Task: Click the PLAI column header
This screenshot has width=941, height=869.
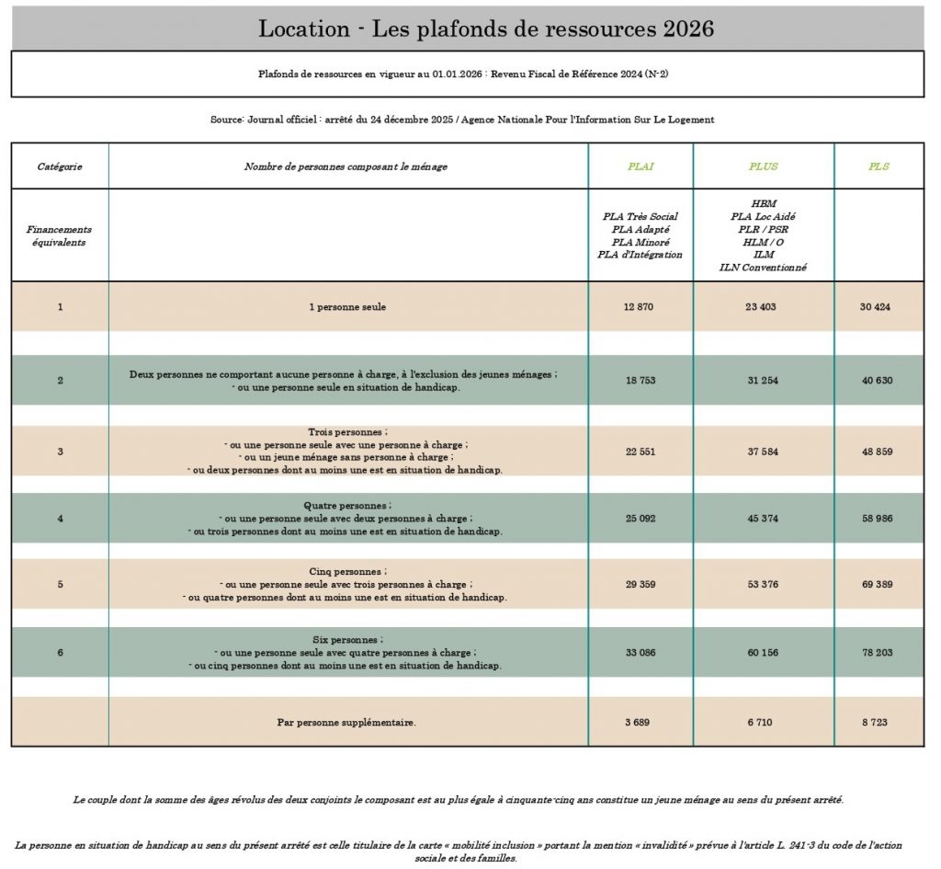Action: point(641,166)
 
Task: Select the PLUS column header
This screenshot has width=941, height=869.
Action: point(763,166)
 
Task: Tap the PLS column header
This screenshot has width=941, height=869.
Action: point(879,166)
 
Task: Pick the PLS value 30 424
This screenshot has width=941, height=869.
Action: point(876,306)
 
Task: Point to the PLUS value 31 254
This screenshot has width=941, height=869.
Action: point(763,380)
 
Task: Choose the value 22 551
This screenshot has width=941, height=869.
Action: point(641,452)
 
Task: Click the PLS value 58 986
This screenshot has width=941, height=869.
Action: point(877,519)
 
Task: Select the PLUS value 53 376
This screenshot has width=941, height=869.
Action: point(763,584)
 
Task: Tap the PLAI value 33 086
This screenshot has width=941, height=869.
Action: point(641,652)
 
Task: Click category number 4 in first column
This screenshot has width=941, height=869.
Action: point(61,519)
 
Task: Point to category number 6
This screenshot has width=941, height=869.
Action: point(61,652)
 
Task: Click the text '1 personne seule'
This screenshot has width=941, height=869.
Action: point(347,306)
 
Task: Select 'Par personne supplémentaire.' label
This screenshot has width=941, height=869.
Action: point(346,722)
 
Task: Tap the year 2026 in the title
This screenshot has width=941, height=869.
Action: point(688,29)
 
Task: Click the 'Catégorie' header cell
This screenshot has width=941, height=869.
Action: point(60,166)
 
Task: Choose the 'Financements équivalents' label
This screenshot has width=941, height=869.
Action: point(60,235)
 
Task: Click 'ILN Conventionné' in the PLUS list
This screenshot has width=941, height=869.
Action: point(763,268)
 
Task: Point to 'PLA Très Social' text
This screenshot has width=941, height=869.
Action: point(641,216)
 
